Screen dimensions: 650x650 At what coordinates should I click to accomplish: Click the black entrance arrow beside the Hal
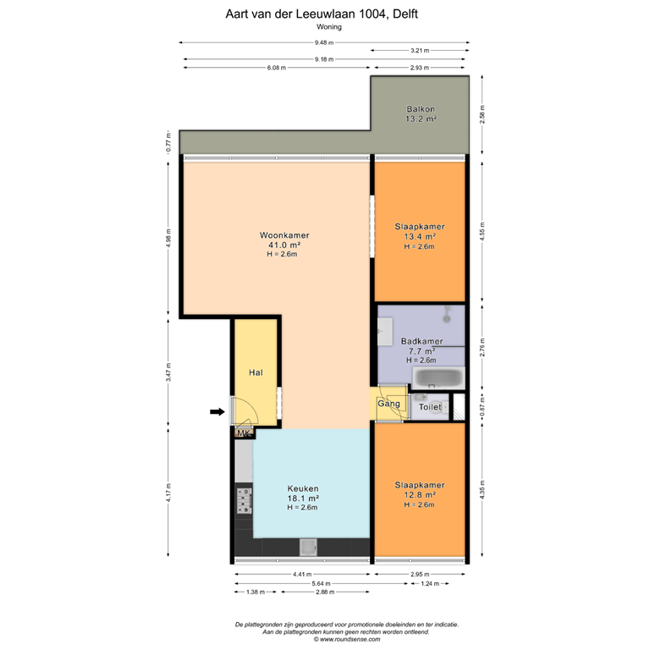point(218,412)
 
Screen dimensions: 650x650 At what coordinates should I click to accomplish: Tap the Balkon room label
point(421,114)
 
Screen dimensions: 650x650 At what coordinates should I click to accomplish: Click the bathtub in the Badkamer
point(437,377)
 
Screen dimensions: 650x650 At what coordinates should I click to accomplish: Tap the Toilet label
point(430,407)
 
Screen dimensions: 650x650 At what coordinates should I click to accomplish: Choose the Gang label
point(388,405)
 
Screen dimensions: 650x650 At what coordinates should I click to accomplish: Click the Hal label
point(256,372)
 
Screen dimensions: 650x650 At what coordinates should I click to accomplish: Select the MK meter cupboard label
point(244,433)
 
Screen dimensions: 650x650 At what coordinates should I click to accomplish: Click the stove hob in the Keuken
point(244,501)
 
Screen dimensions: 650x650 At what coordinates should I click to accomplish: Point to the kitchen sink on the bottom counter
point(309,548)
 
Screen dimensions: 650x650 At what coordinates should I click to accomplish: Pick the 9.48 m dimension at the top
point(323,43)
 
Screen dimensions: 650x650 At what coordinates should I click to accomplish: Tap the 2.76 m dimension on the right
point(482,346)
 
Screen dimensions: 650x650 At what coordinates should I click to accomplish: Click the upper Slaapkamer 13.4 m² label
point(420,236)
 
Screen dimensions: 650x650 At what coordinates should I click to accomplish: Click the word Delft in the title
point(405,14)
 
